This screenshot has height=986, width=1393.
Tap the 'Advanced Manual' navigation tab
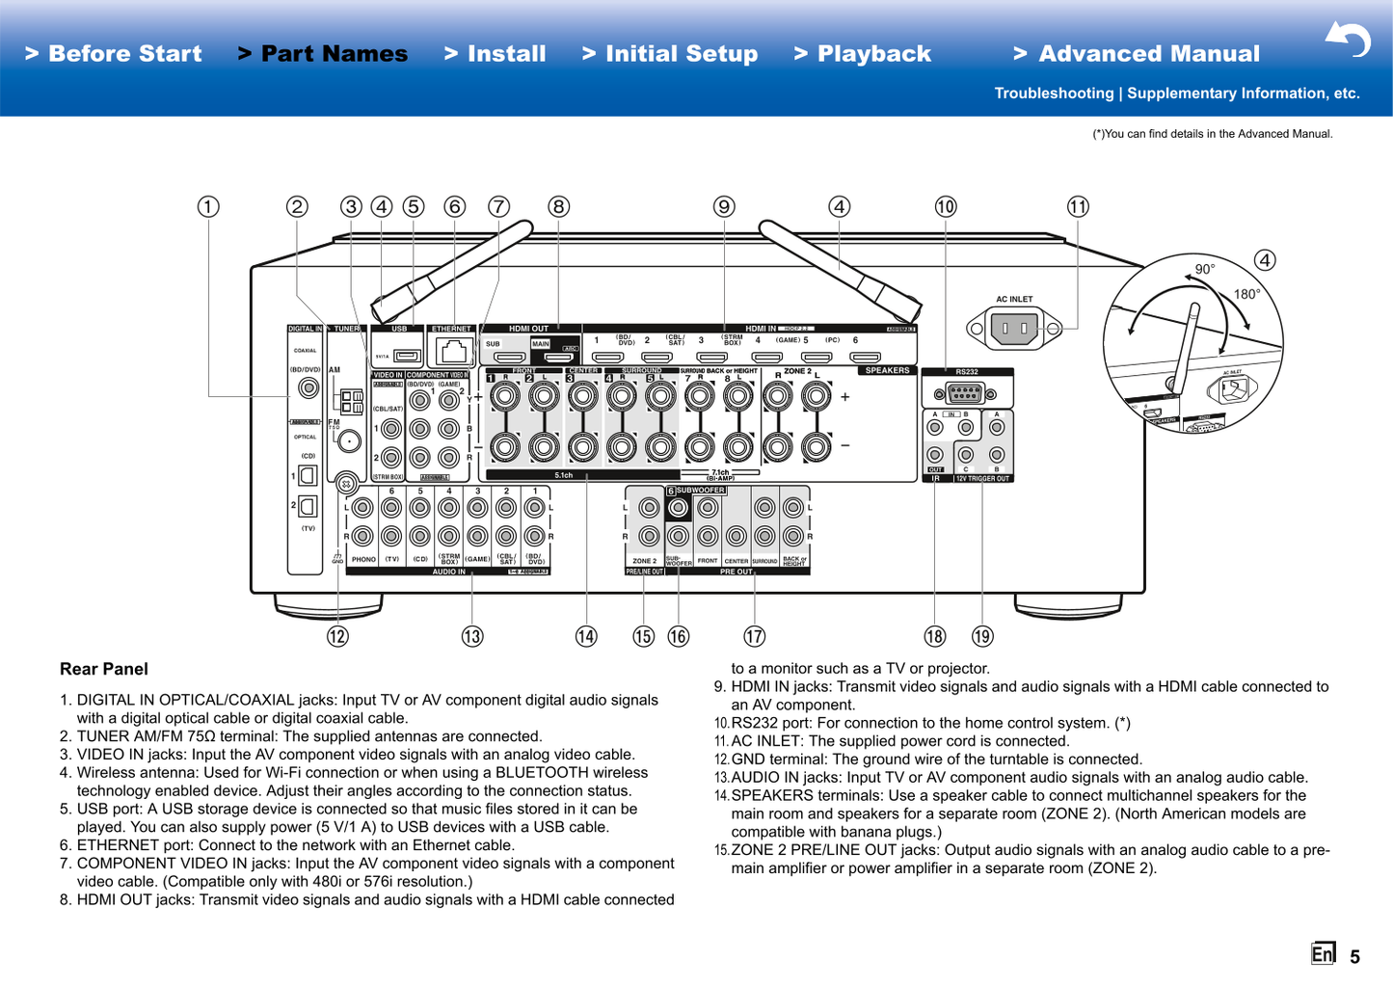tap(1137, 54)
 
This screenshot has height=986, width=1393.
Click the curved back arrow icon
tap(1348, 40)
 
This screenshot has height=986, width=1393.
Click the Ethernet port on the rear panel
tap(452, 351)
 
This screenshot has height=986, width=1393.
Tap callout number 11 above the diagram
tap(1078, 206)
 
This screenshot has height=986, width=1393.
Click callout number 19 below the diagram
tap(982, 636)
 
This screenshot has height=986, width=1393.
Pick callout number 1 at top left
tap(208, 206)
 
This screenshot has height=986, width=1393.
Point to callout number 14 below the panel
tap(586, 636)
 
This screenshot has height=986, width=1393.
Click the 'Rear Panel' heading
tap(104, 669)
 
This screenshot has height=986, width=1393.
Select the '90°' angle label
tap(1205, 269)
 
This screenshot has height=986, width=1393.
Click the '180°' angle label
tap(1246, 294)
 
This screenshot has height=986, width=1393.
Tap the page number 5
tap(1354, 956)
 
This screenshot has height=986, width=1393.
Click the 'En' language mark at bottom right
tap(1323, 953)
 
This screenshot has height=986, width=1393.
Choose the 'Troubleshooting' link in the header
tap(1054, 93)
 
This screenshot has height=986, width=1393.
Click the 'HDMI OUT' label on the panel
tap(528, 329)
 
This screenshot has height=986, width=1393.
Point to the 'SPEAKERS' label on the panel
tap(887, 370)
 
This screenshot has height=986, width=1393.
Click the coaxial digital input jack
tap(308, 388)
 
